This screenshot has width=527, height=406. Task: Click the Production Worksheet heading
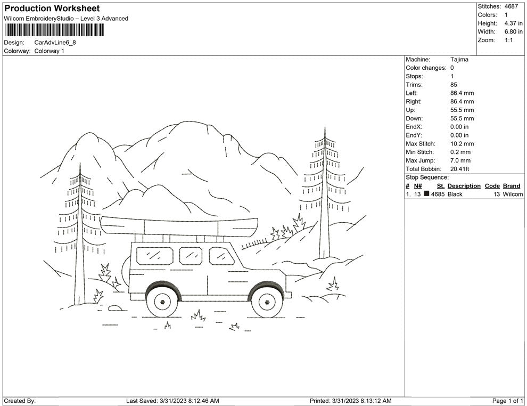[52, 9]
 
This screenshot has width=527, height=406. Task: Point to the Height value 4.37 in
[514, 23]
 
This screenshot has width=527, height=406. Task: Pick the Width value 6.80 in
[514, 32]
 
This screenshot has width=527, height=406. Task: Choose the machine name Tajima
[459, 60]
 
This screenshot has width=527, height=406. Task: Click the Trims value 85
[454, 85]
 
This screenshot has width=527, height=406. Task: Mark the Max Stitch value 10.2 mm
[462, 144]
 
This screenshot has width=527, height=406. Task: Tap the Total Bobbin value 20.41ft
[460, 169]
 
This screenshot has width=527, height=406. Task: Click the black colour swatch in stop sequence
[426, 194]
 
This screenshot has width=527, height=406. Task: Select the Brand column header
[512, 186]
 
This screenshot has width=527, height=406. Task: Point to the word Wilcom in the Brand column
[513, 194]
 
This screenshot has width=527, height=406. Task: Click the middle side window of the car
[190, 256]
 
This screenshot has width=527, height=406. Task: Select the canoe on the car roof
[180, 226]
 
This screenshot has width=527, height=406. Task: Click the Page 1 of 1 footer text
[508, 401]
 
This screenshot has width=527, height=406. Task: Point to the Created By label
[20, 401]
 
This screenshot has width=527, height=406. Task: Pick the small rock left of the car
[114, 307]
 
